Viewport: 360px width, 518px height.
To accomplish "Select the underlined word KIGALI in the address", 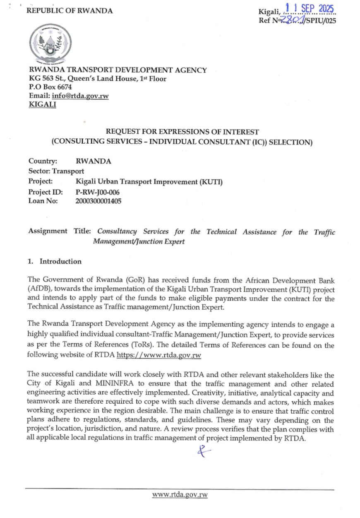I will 42,105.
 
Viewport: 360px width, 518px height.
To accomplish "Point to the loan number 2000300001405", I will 99,201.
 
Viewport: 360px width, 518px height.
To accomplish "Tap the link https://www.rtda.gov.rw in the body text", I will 159,355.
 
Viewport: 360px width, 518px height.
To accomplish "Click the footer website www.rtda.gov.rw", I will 180,495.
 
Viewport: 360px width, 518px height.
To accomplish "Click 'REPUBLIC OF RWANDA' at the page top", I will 70,11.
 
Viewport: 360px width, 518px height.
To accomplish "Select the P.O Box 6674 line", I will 50,87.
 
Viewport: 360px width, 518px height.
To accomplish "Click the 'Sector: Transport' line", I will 56,171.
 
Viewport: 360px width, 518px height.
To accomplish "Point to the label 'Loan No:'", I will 43,201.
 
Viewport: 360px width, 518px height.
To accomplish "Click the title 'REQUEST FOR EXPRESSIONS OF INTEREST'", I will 182,132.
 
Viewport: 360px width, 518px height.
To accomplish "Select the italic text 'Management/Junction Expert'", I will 139,242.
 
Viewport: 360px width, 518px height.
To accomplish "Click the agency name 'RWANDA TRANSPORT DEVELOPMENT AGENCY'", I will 118,70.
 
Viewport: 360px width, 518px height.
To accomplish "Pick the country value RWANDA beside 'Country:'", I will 94,161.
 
